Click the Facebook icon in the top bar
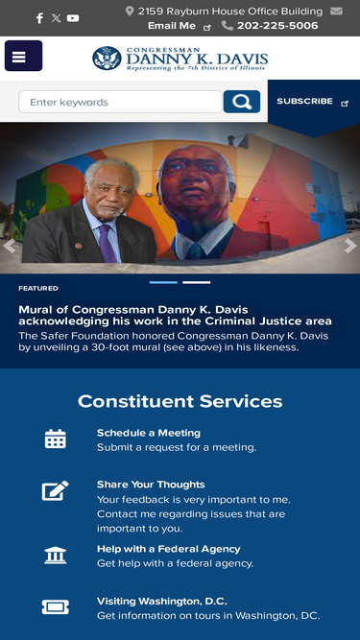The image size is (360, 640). click(39, 18)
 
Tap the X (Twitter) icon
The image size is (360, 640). click(56, 18)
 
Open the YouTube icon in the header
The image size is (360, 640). click(73, 18)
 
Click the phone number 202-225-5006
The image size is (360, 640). click(277, 26)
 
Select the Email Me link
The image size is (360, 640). click(172, 26)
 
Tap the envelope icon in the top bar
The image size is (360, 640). click(336, 11)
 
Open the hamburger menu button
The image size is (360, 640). click(24, 56)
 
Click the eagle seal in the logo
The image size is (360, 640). click(107, 59)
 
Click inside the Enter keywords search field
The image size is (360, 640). click(120, 102)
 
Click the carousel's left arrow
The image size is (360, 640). click(9, 247)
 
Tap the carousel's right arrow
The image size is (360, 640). click(350, 247)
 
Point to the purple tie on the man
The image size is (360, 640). click(108, 244)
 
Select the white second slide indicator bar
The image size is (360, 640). click(197, 282)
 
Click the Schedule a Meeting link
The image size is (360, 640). click(149, 433)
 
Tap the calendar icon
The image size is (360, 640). click(56, 439)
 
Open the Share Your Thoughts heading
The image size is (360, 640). click(151, 485)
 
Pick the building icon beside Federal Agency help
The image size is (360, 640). click(56, 556)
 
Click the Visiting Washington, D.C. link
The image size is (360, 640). click(161, 602)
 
